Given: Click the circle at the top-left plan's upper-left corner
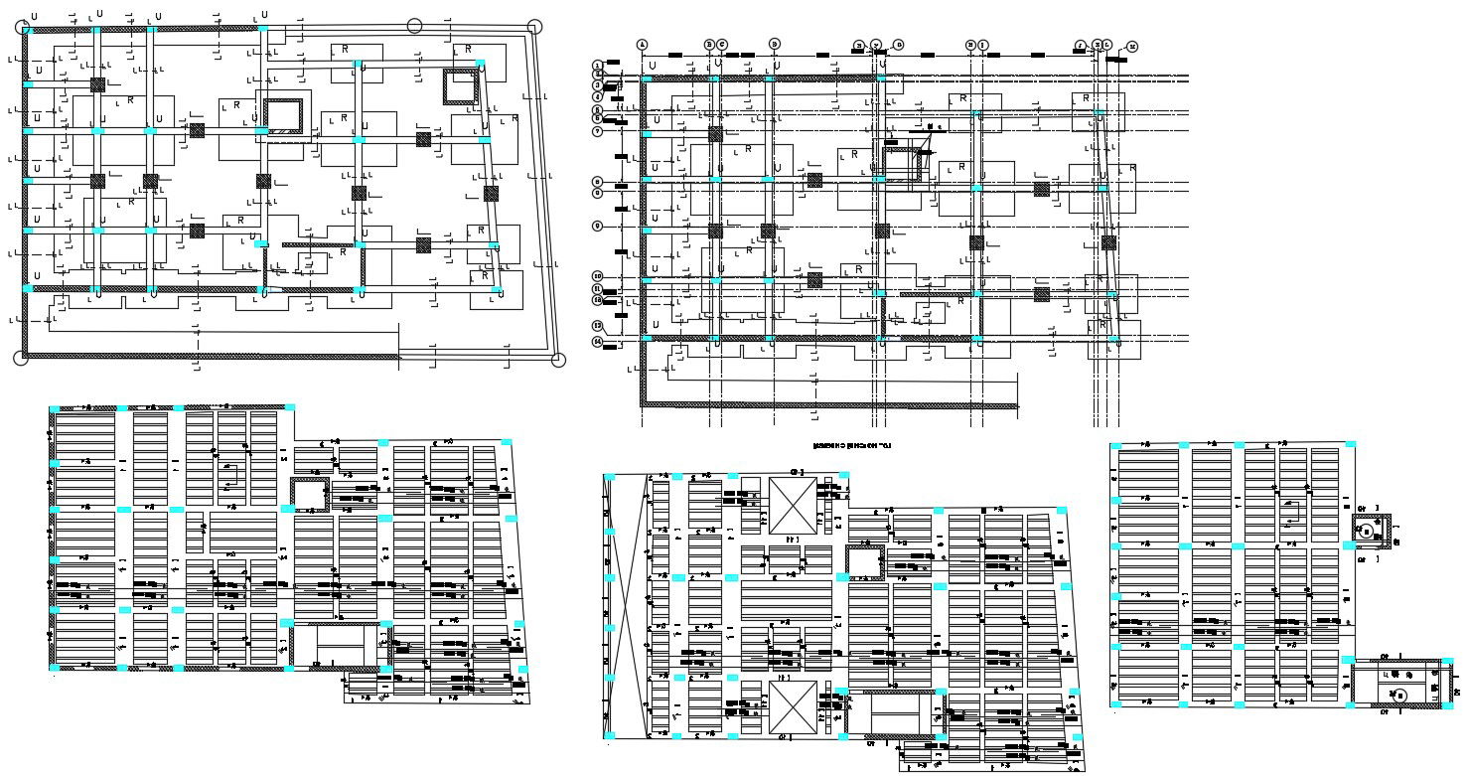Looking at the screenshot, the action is pyautogui.click(x=23, y=28).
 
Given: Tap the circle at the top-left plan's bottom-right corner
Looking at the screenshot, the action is pyautogui.click(x=557, y=360).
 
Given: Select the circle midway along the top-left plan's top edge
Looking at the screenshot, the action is pyautogui.click(x=415, y=26).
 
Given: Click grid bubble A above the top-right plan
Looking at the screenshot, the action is pyautogui.click(x=643, y=45).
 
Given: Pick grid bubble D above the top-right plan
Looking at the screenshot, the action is pyautogui.click(x=775, y=45).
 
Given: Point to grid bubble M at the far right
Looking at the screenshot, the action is pyautogui.click(x=1132, y=46).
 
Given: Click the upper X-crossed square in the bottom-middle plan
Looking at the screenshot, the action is pyautogui.click(x=794, y=507).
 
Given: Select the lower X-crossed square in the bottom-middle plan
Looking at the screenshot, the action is pyautogui.click(x=794, y=704).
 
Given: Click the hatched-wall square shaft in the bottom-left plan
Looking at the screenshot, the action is pyautogui.click(x=309, y=494).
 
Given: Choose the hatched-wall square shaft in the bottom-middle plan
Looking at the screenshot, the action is pyautogui.click(x=864, y=561).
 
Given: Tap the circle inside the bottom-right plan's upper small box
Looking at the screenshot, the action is pyautogui.click(x=1368, y=533).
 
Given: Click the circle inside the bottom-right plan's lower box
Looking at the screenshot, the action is pyautogui.click(x=1397, y=695).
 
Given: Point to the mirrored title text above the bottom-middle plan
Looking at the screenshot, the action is pyautogui.click(x=851, y=447).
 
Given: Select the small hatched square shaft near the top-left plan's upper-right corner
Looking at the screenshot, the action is pyautogui.click(x=460, y=86).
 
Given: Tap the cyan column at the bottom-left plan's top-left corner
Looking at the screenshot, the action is pyautogui.click(x=54, y=407).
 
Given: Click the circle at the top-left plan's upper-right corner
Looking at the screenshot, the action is pyautogui.click(x=534, y=27).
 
